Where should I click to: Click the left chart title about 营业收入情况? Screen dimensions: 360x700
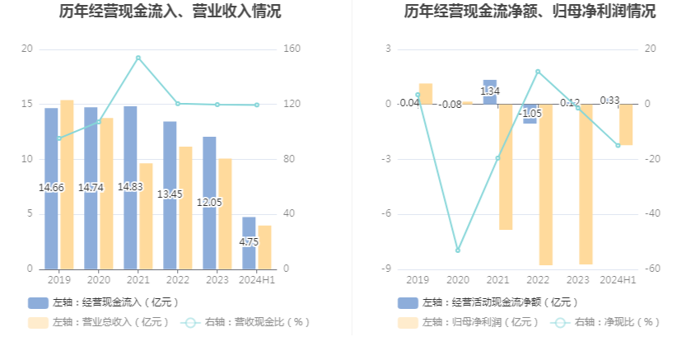(170, 12)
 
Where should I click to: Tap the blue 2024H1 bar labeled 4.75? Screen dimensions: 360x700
(249, 243)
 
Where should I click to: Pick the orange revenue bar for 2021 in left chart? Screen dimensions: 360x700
(146, 216)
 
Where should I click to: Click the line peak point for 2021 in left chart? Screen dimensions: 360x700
(138, 58)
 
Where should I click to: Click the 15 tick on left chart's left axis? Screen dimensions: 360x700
(27, 105)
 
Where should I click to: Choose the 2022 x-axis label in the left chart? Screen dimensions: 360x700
(177, 280)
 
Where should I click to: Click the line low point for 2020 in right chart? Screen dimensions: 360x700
(458, 250)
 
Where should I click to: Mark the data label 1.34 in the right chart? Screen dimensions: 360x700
(491, 91)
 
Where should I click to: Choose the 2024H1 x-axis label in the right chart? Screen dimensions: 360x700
(618, 280)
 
